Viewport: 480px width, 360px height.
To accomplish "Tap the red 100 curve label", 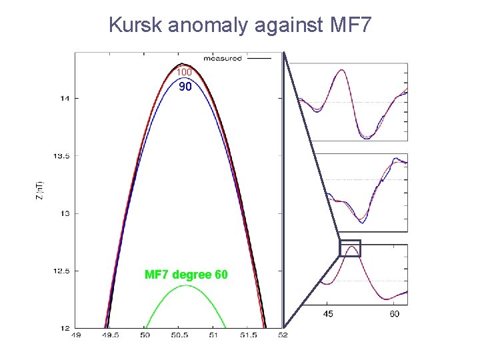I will (x=185, y=72).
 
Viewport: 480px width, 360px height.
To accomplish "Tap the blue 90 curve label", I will (x=185, y=87).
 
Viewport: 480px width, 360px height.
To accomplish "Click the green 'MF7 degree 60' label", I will (x=186, y=275).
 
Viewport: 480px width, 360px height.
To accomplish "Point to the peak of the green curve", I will (x=185, y=285).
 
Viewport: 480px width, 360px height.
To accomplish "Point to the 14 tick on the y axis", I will (x=65, y=99).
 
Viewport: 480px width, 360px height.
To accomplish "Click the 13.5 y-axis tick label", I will (x=62, y=156).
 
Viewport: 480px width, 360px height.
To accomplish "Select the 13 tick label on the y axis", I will (x=65, y=214).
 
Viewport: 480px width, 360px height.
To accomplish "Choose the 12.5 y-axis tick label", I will (x=62, y=271).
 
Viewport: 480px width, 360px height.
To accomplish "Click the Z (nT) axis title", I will (x=41, y=191).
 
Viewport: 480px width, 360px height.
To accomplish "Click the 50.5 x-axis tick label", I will (x=179, y=335).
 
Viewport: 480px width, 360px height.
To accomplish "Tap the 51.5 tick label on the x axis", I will (x=249, y=335).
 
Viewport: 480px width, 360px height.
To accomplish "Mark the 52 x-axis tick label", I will (x=283, y=335).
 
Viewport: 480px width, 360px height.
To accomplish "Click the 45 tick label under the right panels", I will (x=329, y=313).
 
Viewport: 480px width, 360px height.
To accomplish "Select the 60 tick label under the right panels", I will (x=395, y=313).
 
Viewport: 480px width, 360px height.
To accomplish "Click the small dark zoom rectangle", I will (x=350, y=248).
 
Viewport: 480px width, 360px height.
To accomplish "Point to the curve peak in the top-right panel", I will (x=342, y=70).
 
